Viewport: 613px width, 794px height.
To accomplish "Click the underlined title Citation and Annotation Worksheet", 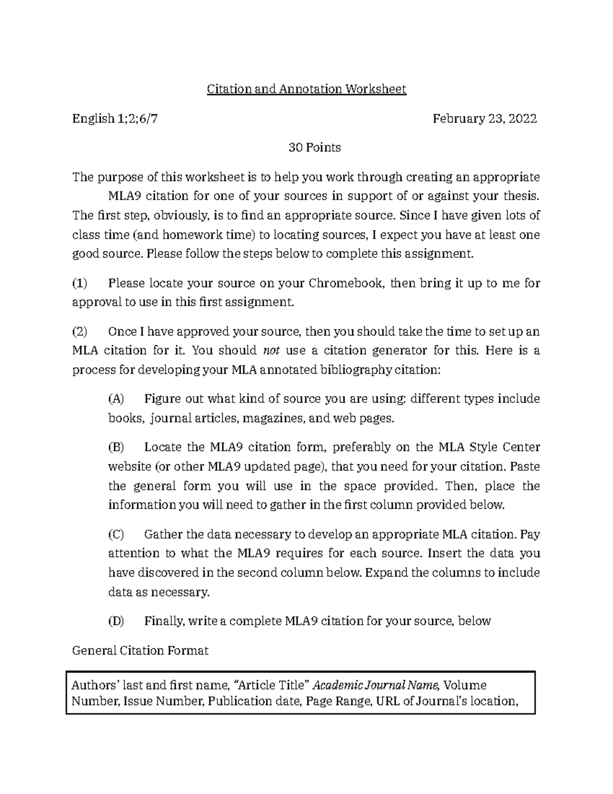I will click(x=306, y=89).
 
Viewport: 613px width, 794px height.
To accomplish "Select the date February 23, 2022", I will click(x=485, y=119).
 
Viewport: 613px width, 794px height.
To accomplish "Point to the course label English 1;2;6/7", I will click(x=115, y=119).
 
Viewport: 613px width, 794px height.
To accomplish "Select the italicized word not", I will click(x=271, y=351).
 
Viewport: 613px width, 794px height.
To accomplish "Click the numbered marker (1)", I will click(x=80, y=283).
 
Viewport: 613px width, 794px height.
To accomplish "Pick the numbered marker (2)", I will click(x=80, y=332).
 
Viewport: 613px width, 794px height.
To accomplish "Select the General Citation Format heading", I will click(x=140, y=651).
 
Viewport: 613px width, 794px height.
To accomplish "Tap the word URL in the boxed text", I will click(x=388, y=701).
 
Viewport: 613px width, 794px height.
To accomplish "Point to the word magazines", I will click(x=273, y=419).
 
